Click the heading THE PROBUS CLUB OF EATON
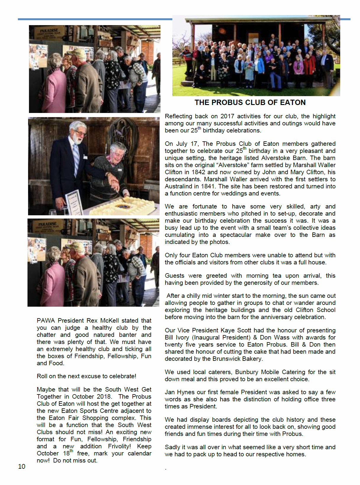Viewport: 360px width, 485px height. tap(250, 103)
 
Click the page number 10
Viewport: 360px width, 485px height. tap(22, 466)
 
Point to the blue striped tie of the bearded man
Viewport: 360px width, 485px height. tap(76, 158)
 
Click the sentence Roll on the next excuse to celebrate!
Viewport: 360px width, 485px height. tap(86, 376)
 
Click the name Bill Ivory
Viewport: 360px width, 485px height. tap(177, 337)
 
